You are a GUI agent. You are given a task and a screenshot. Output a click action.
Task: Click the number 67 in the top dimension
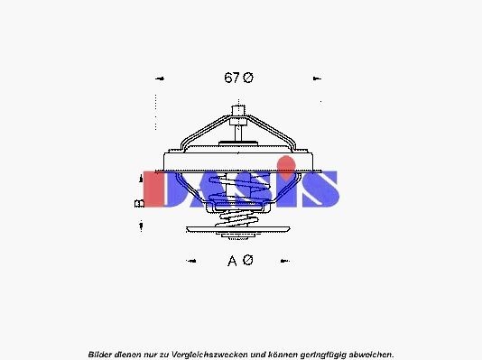click(x=231, y=78)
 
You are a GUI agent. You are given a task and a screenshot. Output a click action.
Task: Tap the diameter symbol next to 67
click(x=248, y=78)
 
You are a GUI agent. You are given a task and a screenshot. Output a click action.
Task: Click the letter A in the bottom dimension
click(x=233, y=261)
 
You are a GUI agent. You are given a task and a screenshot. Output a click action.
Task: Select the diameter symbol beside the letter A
click(x=248, y=261)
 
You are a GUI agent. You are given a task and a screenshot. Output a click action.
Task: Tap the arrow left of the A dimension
click(x=190, y=262)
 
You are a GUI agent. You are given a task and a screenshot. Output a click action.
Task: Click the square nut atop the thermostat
click(x=239, y=113)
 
